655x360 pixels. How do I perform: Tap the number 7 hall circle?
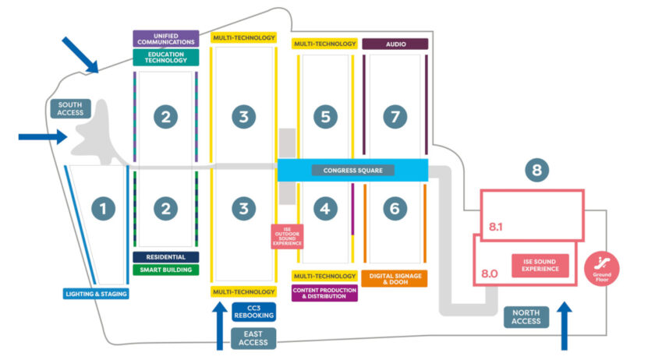(395, 117)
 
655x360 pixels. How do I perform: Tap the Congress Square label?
(353, 170)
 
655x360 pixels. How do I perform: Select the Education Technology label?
(166, 58)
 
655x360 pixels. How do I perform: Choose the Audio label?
(395, 44)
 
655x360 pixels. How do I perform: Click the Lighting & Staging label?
(95, 294)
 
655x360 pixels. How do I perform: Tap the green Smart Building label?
(166, 270)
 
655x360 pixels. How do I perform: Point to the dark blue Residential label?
(166, 256)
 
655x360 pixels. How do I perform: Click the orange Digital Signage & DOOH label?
(394, 279)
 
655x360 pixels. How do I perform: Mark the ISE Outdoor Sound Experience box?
(287, 236)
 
